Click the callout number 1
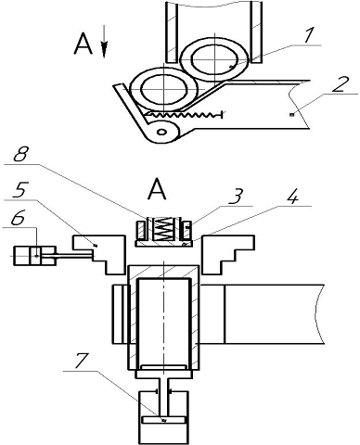coord(307,35)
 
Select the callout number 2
coord(341,83)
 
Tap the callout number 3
coord(236,196)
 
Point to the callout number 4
coord(291,196)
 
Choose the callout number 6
coord(18,218)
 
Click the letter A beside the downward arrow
coord(84,44)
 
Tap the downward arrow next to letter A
coord(104,42)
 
